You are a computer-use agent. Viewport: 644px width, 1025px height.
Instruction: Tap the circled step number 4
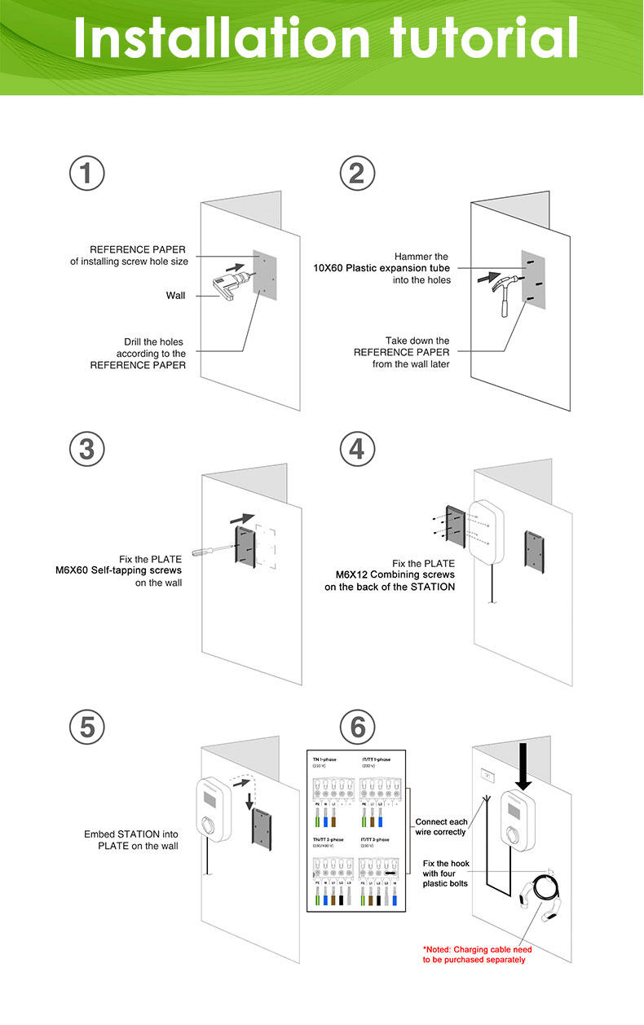point(356,449)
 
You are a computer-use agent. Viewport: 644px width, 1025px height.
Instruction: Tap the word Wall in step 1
point(176,295)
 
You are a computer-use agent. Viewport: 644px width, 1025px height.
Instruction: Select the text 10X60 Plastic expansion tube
point(382,268)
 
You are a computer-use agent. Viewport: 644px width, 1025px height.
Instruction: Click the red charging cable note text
point(477,954)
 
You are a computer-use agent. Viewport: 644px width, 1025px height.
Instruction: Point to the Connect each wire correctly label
point(441,827)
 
